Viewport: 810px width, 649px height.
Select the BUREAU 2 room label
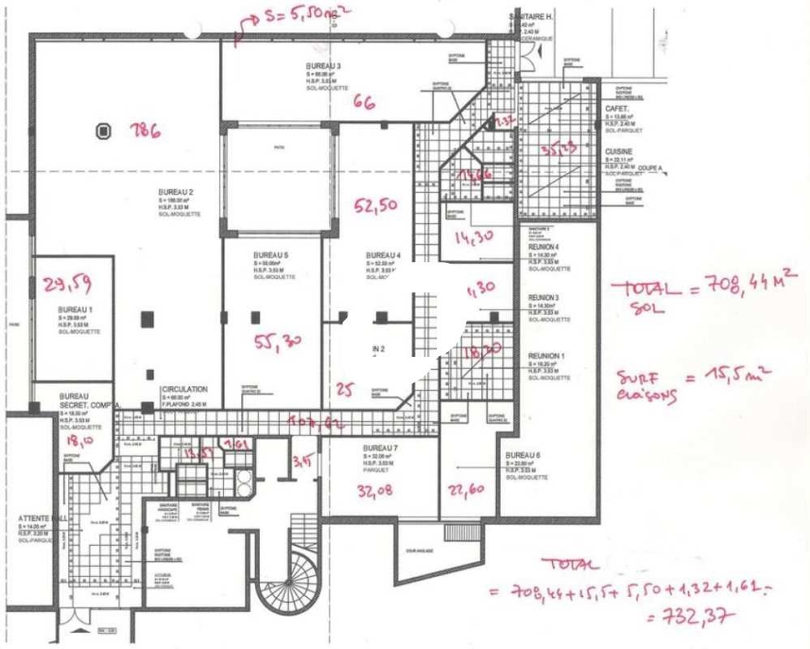pos(175,192)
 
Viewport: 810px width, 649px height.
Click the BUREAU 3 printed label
pos(323,65)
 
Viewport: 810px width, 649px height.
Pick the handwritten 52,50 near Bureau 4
pos(375,206)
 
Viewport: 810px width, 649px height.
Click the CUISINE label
pos(619,152)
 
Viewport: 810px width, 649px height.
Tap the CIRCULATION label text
pos(184,389)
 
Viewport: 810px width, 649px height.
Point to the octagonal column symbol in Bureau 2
pos(103,130)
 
